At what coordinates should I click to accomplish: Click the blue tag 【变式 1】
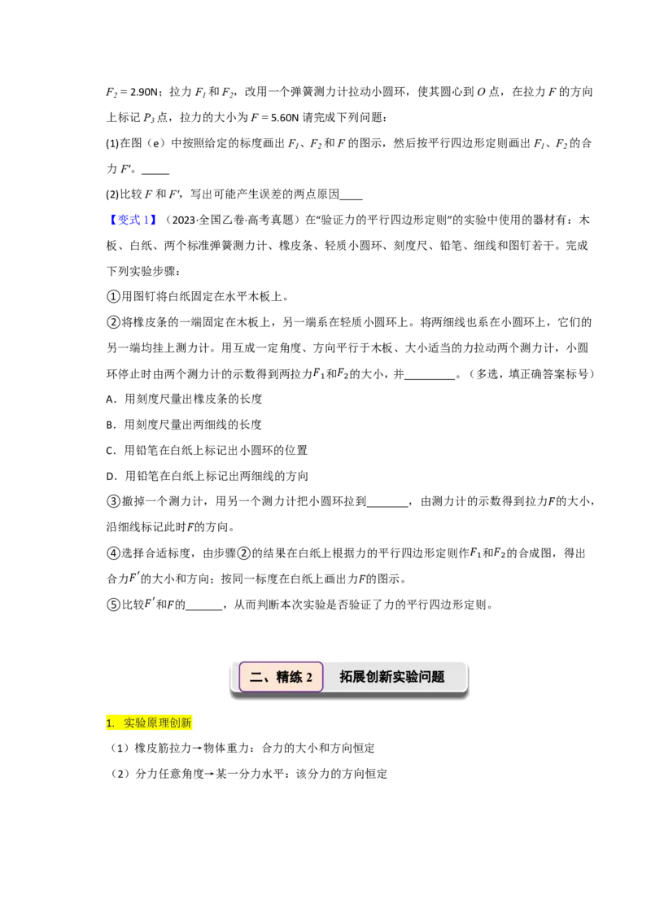point(132,220)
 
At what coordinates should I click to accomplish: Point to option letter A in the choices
point(110,399)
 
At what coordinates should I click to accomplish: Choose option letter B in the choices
point(110,425)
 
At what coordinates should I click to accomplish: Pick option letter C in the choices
point(110,451)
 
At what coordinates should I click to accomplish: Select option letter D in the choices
point(110,476)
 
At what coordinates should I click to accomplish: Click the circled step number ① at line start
point(113,297)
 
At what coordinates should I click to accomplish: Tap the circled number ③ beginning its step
point(113,502)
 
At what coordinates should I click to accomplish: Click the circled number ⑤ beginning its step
point(113,605)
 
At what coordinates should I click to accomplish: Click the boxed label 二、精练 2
point(281,677)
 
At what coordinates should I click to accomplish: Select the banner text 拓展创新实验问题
point(392,677)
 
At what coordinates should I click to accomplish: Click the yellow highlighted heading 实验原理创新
point(158,723)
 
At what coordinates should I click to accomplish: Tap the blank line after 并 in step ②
point(430,379)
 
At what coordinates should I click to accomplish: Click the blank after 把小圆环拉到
point(387,506)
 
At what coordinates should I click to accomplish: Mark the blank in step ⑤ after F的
point(204,609)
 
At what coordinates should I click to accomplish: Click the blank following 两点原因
point(351,199)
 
